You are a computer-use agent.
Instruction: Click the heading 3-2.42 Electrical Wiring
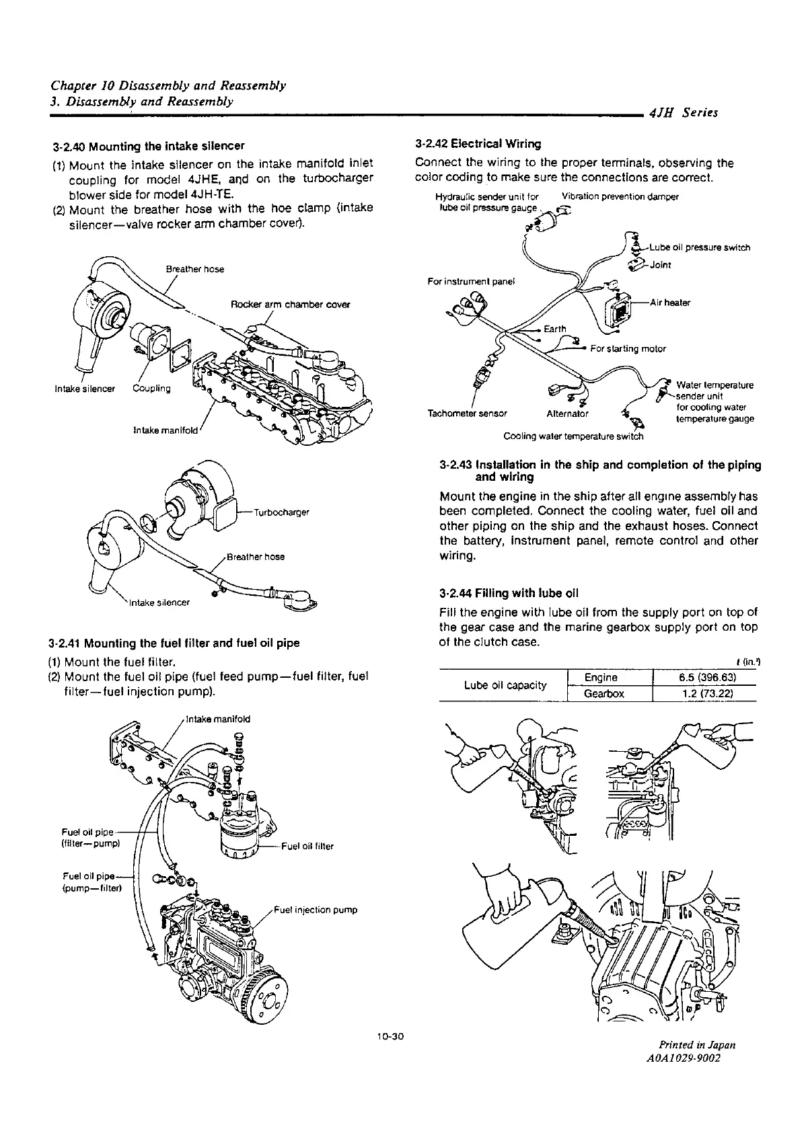478,144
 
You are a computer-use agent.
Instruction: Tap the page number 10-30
390,1054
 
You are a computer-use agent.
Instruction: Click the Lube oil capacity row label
505,685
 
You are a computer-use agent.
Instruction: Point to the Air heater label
670,303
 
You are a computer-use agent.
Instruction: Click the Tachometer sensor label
467,413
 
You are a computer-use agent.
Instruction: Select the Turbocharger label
281,512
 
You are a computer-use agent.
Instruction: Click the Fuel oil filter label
307,846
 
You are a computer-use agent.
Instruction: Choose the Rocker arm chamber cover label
291,305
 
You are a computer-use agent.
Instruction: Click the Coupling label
151,389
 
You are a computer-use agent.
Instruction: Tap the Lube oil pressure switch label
700,247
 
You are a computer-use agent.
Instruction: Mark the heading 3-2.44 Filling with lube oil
509,594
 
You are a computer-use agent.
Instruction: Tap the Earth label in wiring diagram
555,329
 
